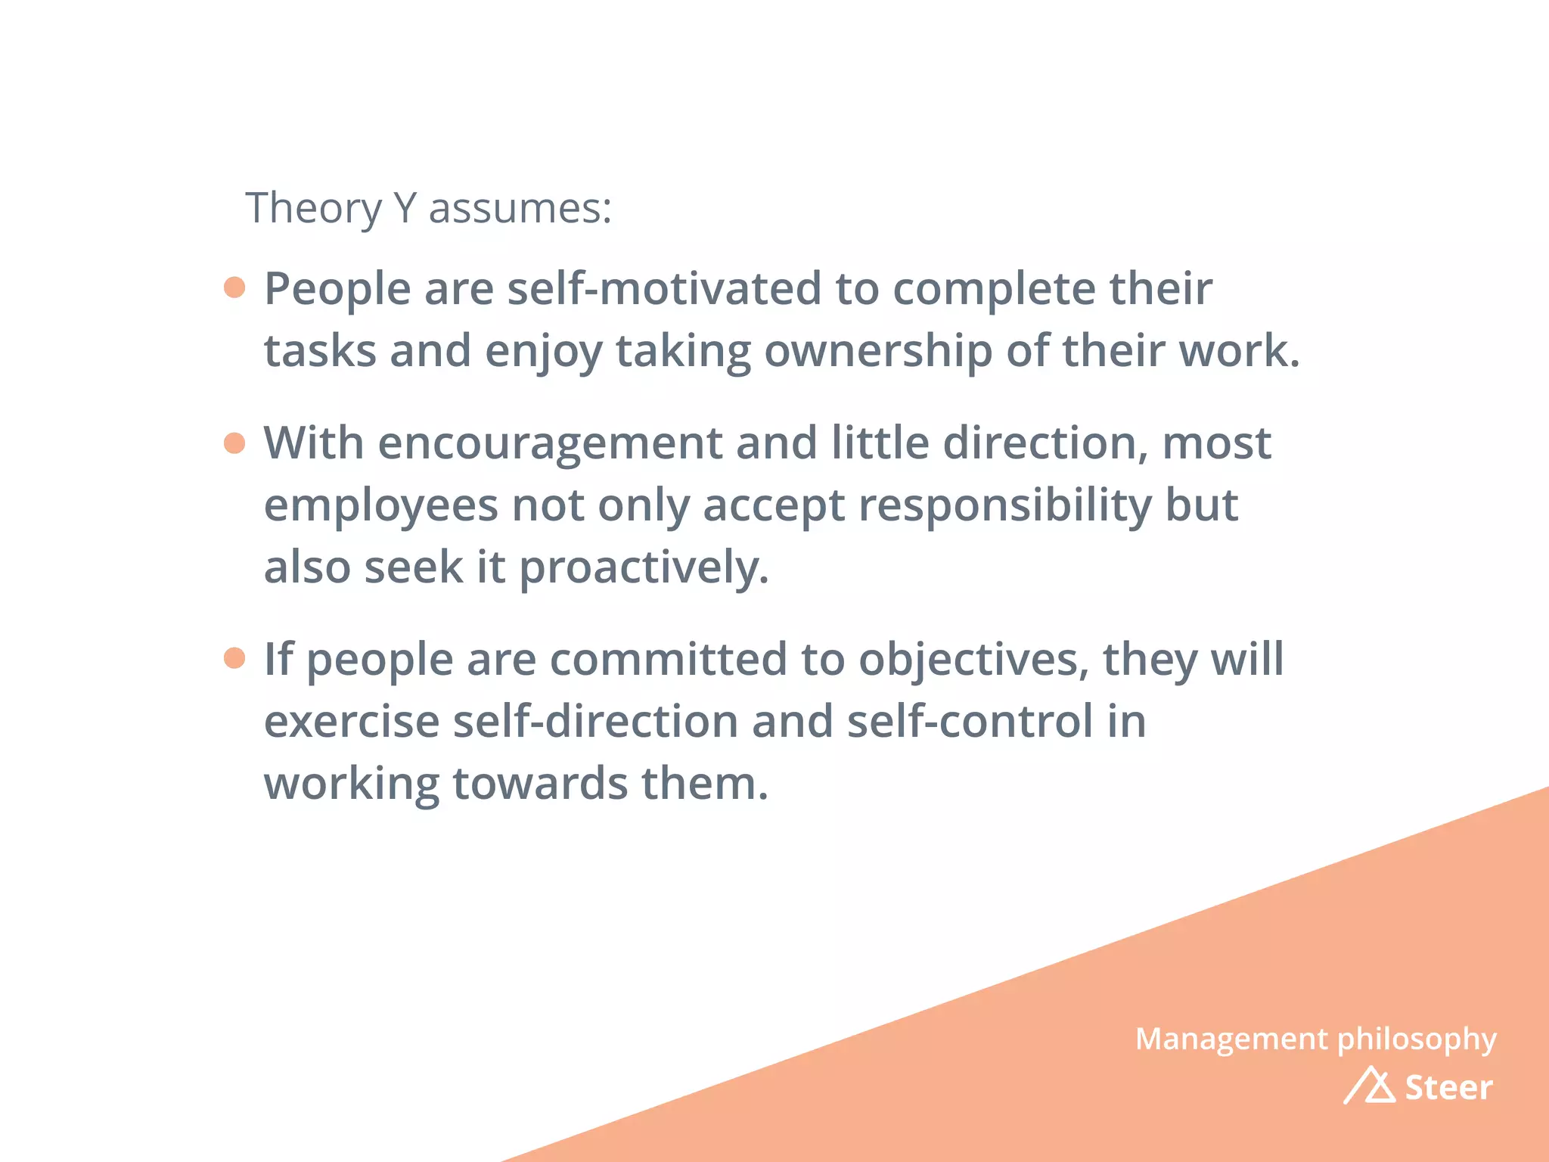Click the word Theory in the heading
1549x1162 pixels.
[313, 209]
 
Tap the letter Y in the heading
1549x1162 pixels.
[405, 207]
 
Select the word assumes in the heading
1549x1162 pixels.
[519, 209]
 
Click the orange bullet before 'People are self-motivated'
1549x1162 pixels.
[235, 287]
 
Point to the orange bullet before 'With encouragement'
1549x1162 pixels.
[235, 443]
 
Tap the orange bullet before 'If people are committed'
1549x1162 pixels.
[235, 658]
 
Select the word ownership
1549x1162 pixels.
[877, 352]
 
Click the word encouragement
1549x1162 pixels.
[550, 444]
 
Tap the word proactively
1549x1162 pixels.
[644, 569]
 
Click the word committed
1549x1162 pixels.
[668, 660]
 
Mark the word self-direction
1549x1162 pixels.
[595, 722]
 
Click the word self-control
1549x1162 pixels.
[970, 722]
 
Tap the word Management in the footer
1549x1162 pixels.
[1231, 1039]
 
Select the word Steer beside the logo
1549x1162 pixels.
[1448, 1088]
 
